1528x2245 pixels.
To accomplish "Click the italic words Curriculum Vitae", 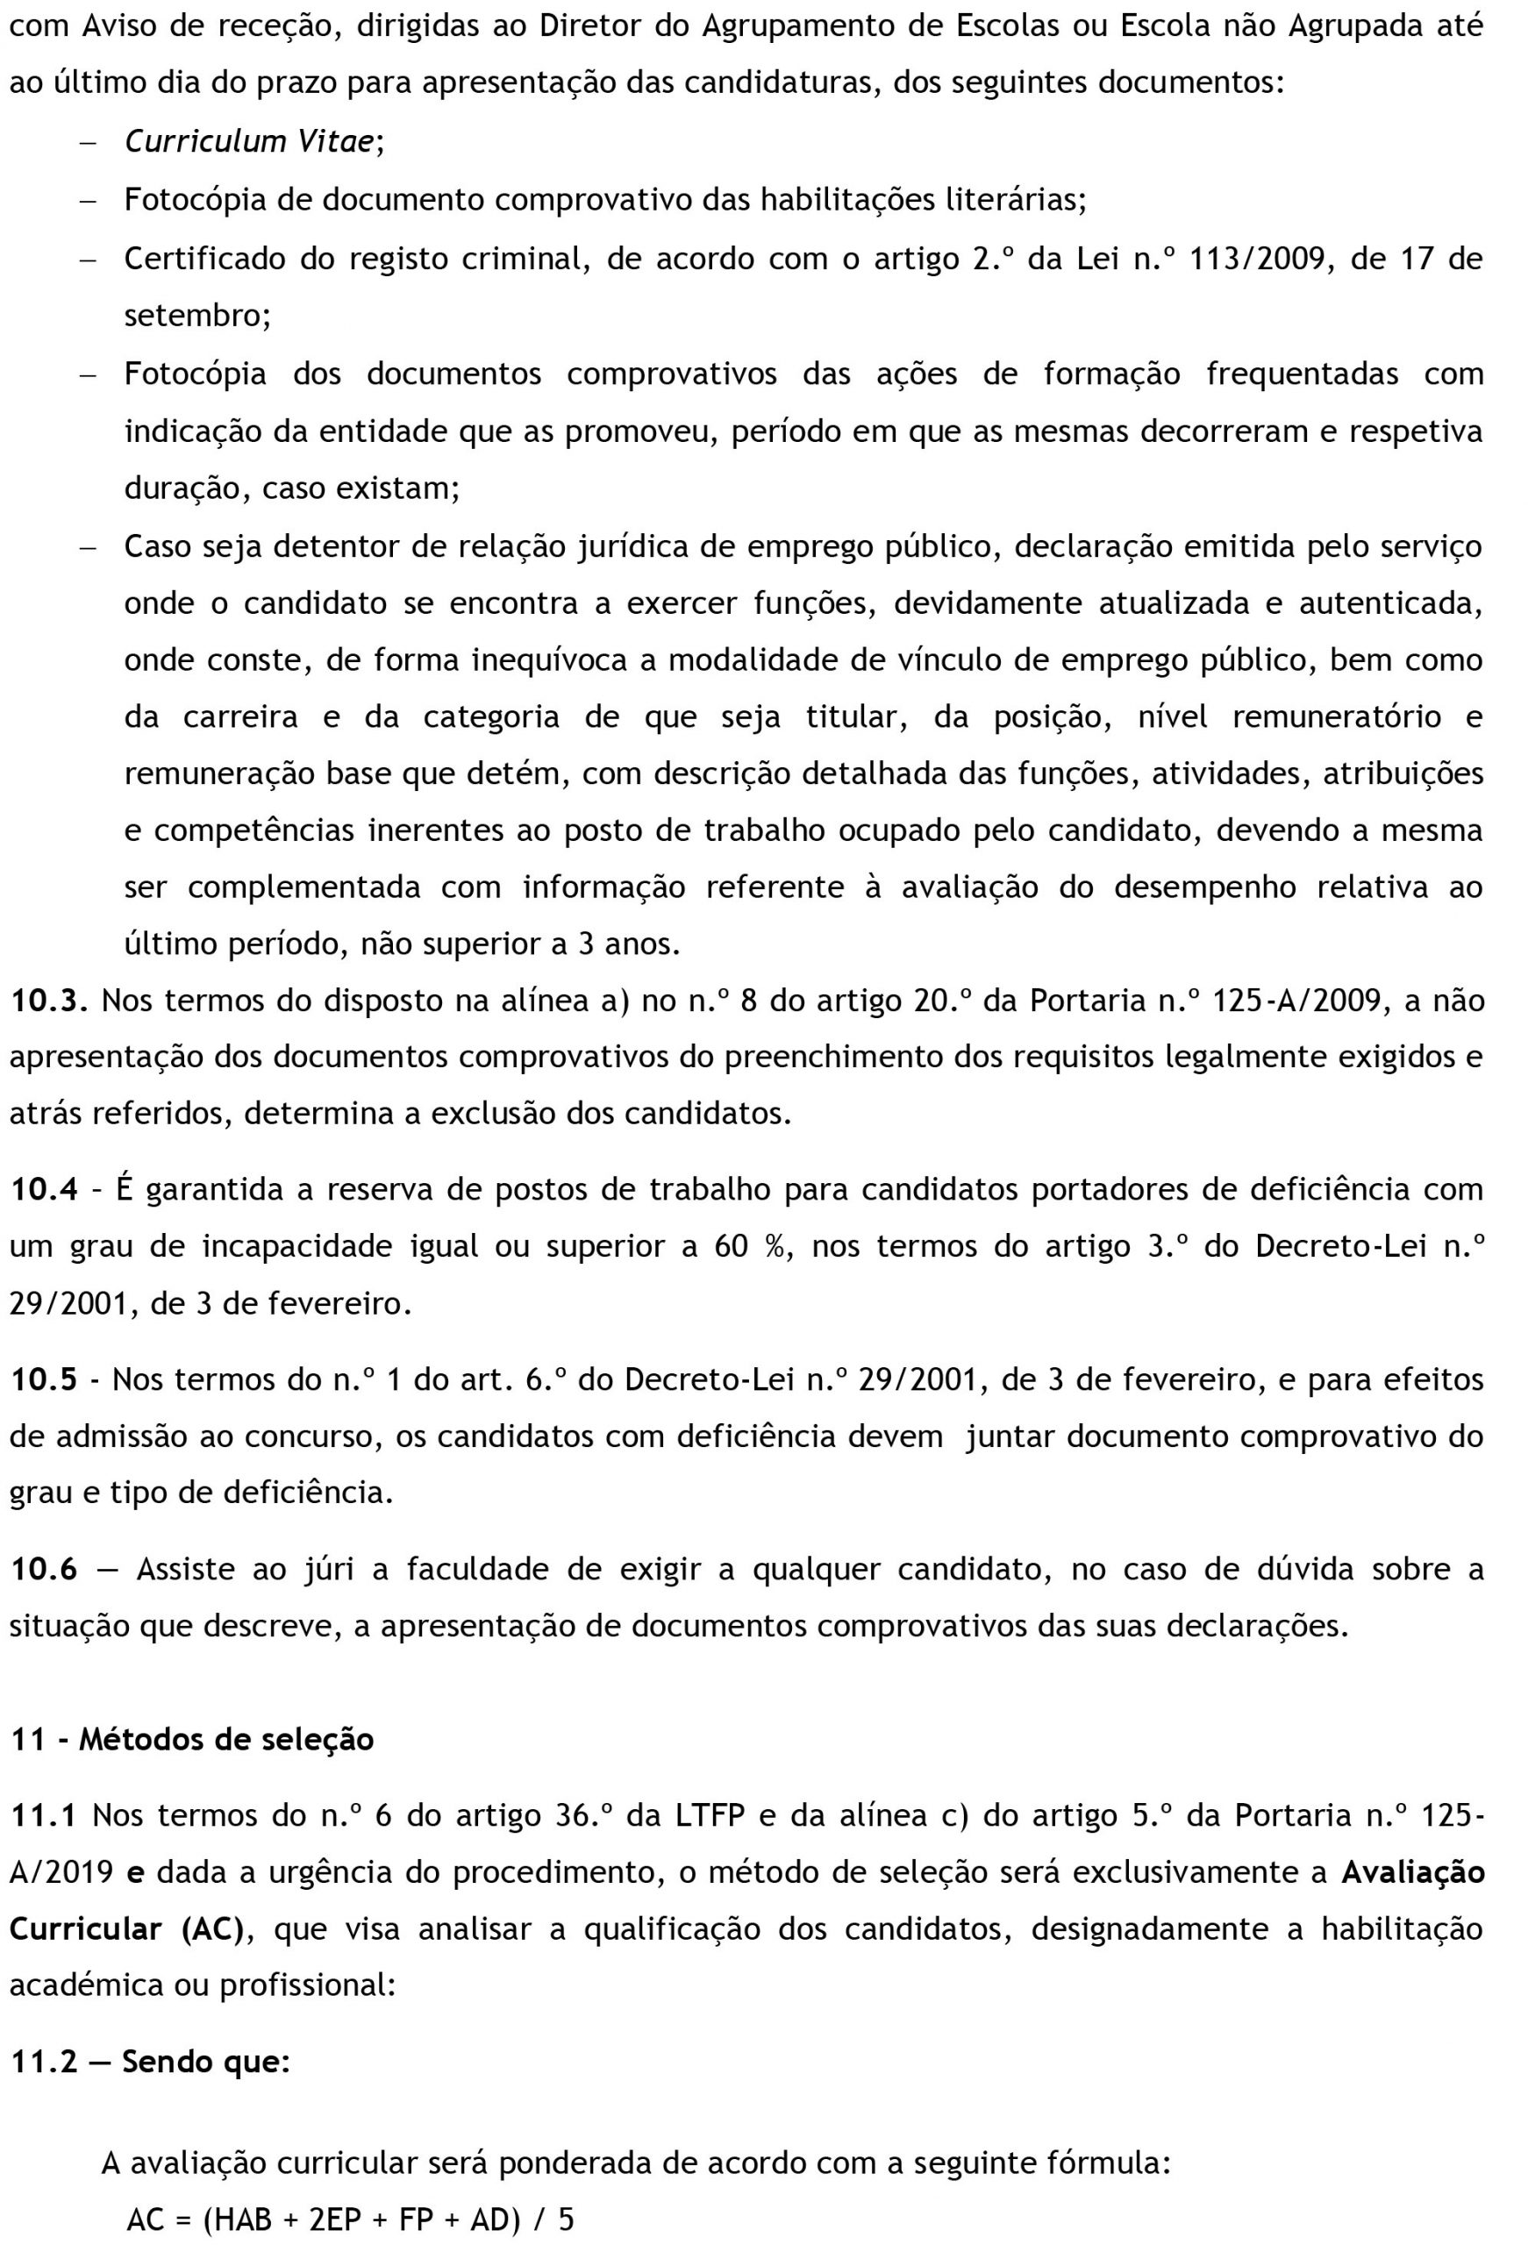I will pos(249,142).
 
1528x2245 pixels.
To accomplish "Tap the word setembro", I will pos(197,316).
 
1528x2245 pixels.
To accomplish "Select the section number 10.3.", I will pos(49,1000).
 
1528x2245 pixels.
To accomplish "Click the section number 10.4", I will pos(44,1189).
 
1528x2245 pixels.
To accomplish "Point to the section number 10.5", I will pos(44,1379).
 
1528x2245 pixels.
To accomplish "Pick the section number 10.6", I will pos(44,1569).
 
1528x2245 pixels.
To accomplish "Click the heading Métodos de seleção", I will pos(226,1739).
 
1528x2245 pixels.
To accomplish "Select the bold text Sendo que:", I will pos(206,2062).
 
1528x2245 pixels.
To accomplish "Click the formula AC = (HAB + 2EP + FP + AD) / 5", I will pos(350,2219).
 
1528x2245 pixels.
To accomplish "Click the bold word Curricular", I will pos(86,1929).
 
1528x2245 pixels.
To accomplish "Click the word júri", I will pos(326,1569).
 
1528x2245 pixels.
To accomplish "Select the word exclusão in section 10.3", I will pos(492,1114).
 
